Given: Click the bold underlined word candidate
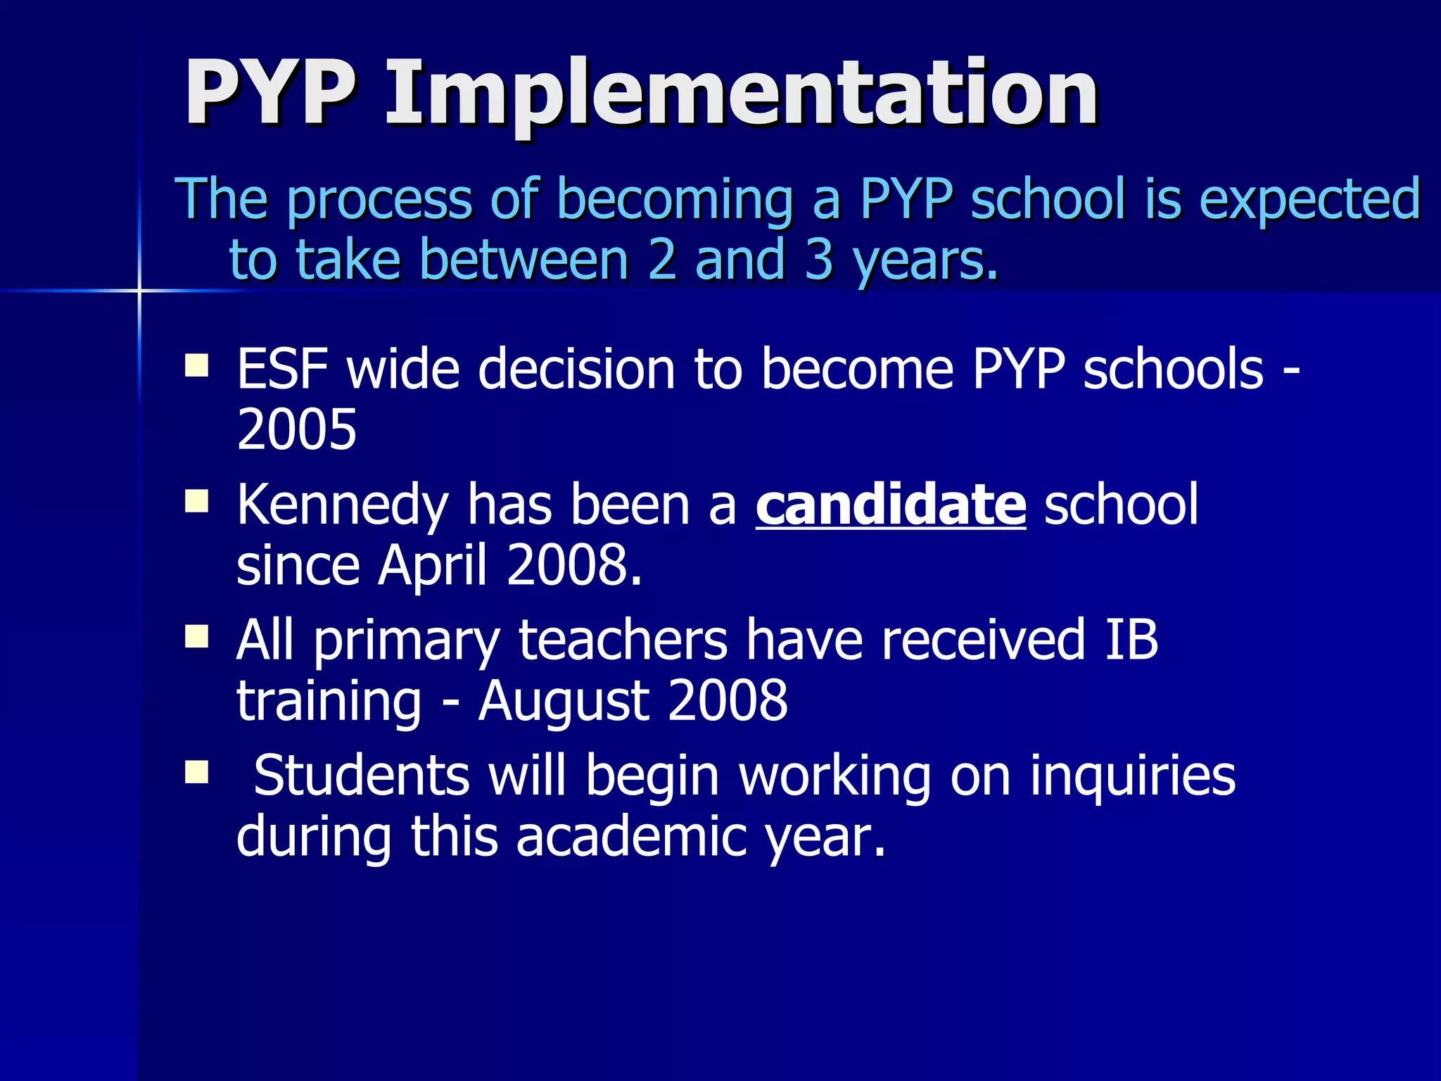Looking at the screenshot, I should (891, 505).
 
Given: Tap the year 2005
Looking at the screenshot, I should (296, 430).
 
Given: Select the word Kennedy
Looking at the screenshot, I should (342, 505).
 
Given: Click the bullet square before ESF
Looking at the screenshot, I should (196, 366).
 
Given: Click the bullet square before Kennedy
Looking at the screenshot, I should (196, 502).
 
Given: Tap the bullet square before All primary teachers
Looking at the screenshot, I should (196, 637).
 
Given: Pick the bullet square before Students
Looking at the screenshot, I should (196, 772).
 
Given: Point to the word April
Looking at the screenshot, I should (432, 567).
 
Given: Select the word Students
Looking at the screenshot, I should (361, 776).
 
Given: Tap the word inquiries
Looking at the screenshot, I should (1132, 776).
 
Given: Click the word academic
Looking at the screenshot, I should (631, 837).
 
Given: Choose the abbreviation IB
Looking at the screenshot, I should (1131, 640).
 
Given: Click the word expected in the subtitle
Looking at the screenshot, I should (1309, 199).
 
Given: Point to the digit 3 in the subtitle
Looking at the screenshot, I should (819, 259).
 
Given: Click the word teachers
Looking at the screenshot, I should (623, 640).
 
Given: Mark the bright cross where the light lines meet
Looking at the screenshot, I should (139, 290).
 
